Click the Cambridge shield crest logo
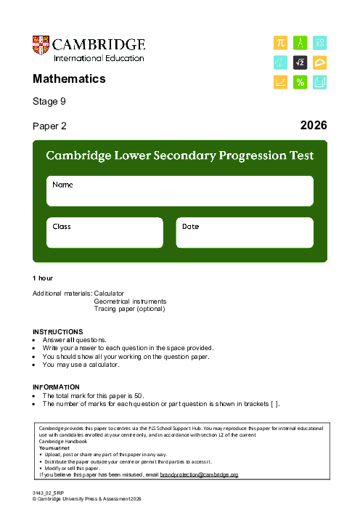(41, 48)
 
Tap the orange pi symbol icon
(280, 44)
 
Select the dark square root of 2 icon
(300, 63)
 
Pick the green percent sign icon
(300, 83)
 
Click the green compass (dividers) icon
(300, 44)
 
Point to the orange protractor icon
(319, 63)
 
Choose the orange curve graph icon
(280, 83)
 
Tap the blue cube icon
(319, 83)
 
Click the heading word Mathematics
(69, 79)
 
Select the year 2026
(314, 126)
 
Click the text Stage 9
(49, 102)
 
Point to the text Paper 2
(49, 126)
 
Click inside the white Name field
(180, 193)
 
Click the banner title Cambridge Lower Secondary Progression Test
(180, 155)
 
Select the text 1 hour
(43, 278)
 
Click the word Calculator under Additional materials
(110, 293)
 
